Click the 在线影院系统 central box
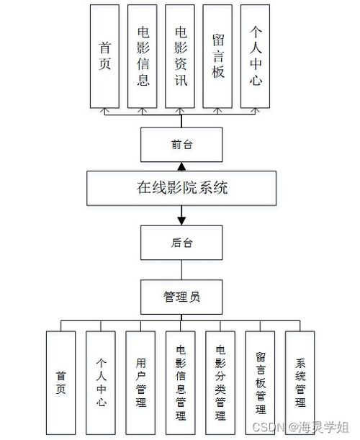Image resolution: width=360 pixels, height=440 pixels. pos(182,189)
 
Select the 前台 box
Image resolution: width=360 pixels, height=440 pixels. pos(182,144)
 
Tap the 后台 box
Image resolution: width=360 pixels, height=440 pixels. pos(182,243)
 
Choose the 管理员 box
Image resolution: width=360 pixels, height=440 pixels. pos(182,295)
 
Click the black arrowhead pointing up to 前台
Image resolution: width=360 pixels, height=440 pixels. pos(182,166)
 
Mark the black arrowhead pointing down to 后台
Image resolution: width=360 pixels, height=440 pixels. pos(182,219)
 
